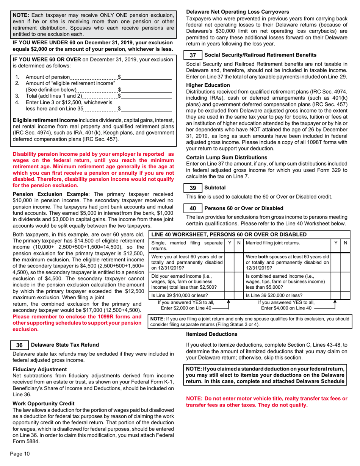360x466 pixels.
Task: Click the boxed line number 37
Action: (193, 55)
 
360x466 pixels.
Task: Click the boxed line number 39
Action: (193, 188)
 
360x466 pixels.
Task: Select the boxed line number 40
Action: (193, 208)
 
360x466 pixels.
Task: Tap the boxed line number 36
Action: (19, 345)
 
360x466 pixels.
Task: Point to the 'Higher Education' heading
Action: (208, 85)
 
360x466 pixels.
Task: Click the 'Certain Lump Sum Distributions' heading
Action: (227, 157)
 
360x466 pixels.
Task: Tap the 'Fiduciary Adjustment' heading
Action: (40, 369)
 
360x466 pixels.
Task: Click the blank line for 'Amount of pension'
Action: (146, 77)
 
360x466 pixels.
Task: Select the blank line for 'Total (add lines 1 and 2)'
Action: (146, 96)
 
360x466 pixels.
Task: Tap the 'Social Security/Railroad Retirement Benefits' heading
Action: (260, 55)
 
